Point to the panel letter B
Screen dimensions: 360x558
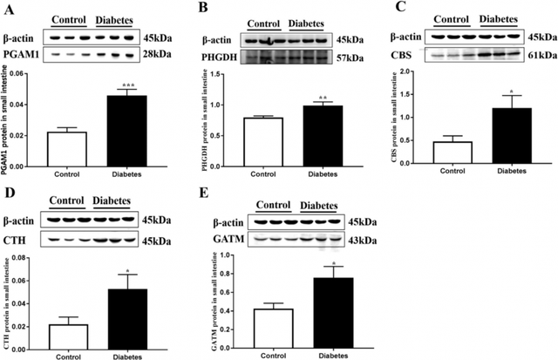(x=208, y=10)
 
